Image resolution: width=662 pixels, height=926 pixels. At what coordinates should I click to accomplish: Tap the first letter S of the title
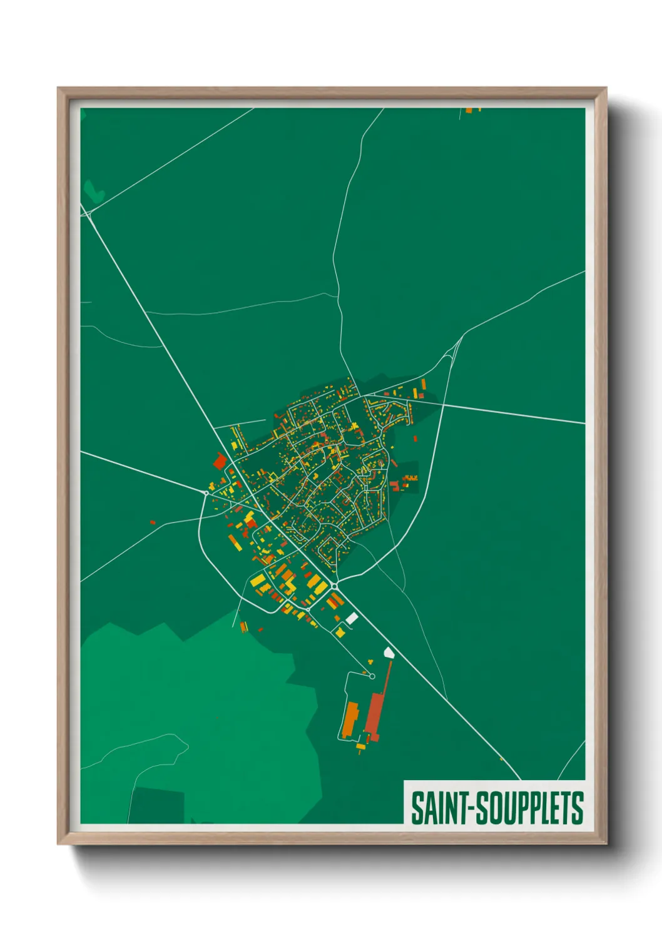point(417,808)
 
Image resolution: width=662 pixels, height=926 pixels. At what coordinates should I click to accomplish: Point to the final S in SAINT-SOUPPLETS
point(578,808)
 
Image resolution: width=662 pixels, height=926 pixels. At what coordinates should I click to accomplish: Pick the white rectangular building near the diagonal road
point(352,618)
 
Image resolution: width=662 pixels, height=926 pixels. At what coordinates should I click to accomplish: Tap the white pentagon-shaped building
point(389,653)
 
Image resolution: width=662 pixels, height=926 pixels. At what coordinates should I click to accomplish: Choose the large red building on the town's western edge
point(220,462)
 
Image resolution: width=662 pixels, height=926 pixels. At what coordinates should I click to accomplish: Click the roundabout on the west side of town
point(206,493)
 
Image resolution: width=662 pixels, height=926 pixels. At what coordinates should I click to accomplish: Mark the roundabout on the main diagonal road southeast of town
point(335,586)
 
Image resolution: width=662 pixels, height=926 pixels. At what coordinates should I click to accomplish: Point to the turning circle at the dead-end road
point(372,676)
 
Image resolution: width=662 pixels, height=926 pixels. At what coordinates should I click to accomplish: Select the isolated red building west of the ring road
point(152,522)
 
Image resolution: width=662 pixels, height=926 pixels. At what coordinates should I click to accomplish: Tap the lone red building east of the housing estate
point(415,438)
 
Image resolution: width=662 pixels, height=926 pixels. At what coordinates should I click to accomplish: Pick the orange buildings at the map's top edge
point(472,110)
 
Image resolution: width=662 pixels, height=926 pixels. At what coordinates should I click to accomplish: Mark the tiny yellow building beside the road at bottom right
point(501,759)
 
